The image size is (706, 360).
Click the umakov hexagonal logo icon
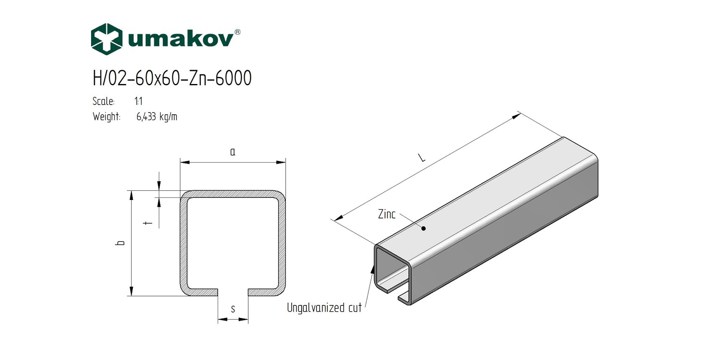(x=107, y=39)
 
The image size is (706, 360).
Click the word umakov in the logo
(x=180, y=39)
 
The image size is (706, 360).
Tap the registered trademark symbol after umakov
(x=237, y=32)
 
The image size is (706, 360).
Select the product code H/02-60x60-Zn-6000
(x=172, y=78)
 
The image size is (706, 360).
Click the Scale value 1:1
(x=139, y=101)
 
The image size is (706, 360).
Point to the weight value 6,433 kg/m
(x=157, y=117)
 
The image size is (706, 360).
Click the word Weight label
(x=106, y=117)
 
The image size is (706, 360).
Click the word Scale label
(x=103, y=101)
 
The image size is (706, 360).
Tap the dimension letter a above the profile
(x=233, y=152)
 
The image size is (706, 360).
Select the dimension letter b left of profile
(x=121, y=243)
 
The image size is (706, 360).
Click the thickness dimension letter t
(x=148, y=223)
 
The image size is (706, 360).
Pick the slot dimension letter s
(x=233, y=310)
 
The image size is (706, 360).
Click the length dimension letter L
(x=421, y=158)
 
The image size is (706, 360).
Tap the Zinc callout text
(x=387, y=214)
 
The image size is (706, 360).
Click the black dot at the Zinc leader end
(x=424, y=229)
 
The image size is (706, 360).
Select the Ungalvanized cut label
(x=324, y=308)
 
